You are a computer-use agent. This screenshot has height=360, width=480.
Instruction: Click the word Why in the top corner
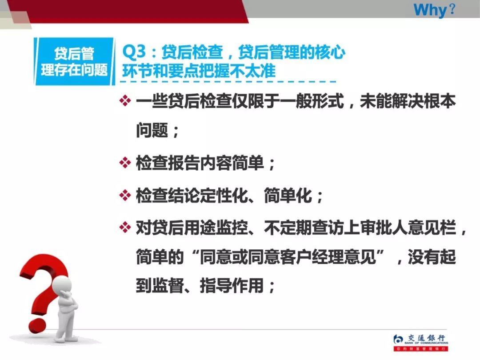429,9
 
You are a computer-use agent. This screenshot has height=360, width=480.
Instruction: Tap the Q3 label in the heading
134,52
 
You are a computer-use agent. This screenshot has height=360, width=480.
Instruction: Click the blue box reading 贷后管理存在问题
74,62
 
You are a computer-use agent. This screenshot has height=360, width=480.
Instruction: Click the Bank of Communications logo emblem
398,340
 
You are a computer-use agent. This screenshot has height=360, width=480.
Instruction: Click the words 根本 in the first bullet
440,102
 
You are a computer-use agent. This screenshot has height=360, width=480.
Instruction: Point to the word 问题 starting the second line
152,131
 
